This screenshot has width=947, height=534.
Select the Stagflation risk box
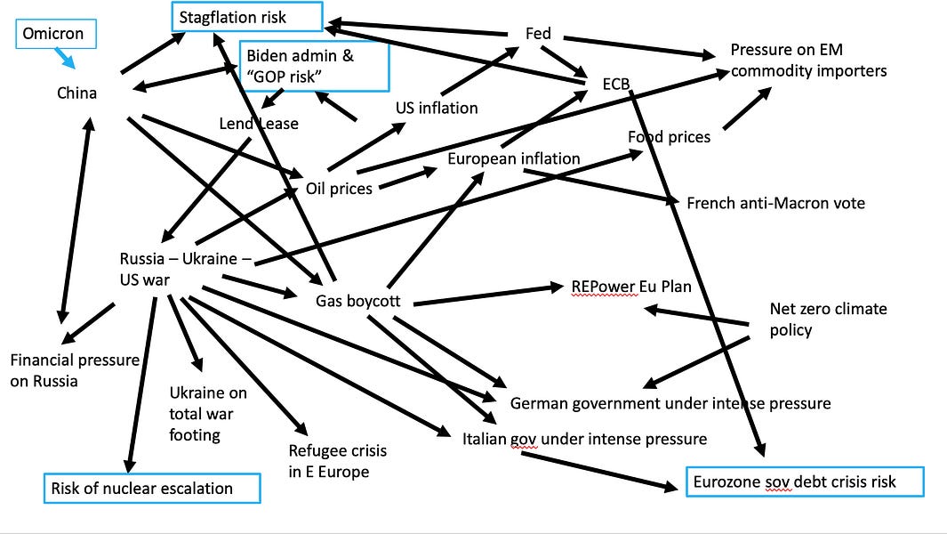click(246, 16)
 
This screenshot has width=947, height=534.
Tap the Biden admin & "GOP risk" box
click(314, 65)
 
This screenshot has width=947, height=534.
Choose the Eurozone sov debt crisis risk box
click(806, 481)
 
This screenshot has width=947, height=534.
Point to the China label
click(77, 93)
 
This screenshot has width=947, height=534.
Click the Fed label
click(539, 34)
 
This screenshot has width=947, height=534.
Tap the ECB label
click(615, 85)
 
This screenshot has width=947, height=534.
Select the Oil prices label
click(339, 188)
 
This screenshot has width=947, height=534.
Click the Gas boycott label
click(358, 301)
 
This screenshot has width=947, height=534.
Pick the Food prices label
click(669, 137)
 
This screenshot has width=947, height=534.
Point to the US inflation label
click(437, 108)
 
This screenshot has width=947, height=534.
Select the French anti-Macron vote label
click(775, 203)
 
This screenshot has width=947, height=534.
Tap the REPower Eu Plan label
click(632, 287)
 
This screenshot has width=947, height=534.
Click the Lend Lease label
click(259, 124)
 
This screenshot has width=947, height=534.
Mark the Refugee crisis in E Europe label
click(337, 461)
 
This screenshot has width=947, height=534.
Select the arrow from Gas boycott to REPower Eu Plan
click(485, 295)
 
